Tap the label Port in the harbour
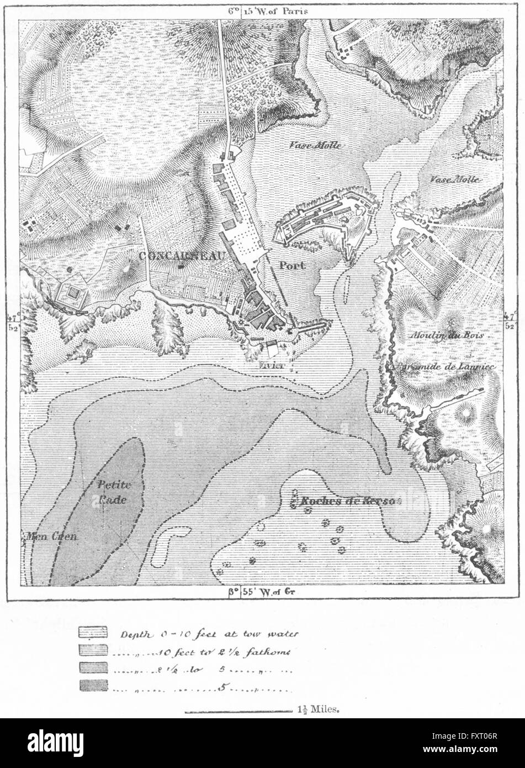[x=291, y=265]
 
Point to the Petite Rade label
[x=113, y=492]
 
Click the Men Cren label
[x=49, y=535]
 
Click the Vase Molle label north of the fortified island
[x=315, y=145]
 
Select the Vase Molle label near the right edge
[x=454, y=180]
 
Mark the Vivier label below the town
[x=271, y=365]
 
